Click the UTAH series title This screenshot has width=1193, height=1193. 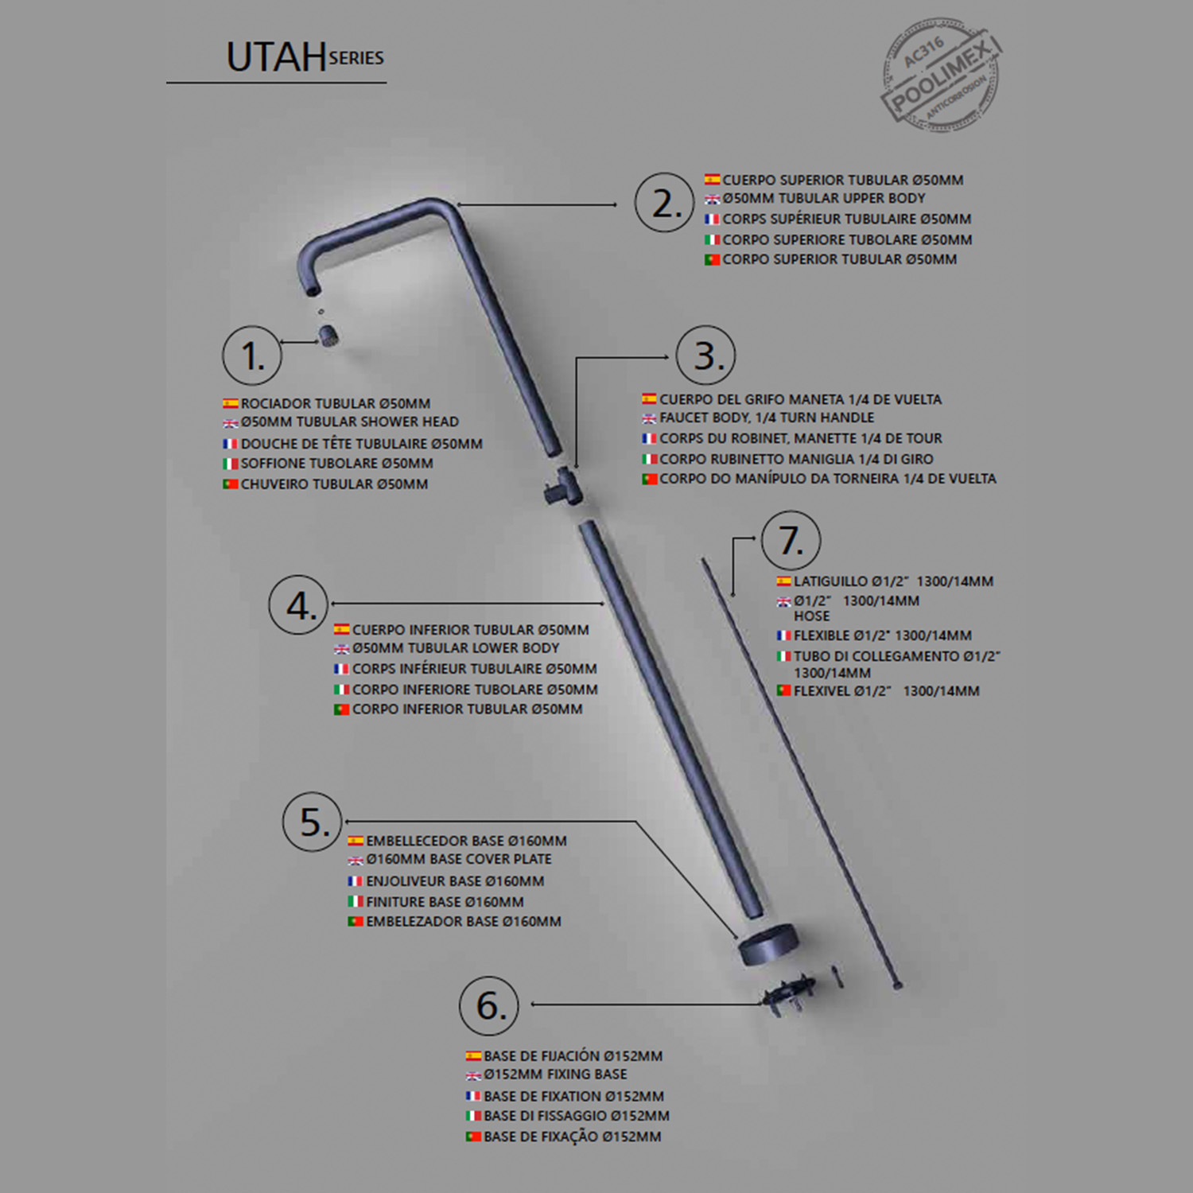pyautogui.click(x=305, y=56)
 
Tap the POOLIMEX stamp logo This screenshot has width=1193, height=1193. pyautogui.click(x=941, y=75)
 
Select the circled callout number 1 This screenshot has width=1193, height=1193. pyautogui.click(x=252, y=355)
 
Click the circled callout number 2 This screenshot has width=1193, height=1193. pyautogui.click(x=665, y=203)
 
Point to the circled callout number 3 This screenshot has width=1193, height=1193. pyautogui.click(x=706, y=355)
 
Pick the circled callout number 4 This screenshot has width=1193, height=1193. pyautogui.click(x=299, y=605)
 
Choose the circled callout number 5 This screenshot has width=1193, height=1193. pyautogui.click(x=313, y=822)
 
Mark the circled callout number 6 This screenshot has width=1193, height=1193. pyautogui.click(x=489, y=1006)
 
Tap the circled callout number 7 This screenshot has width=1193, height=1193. pyautogui.click(x=791, y=541)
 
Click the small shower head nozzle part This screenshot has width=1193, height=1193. pyautogui.click(x=329, y=335)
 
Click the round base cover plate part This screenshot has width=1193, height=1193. pyautogui.click(x=767, y=944)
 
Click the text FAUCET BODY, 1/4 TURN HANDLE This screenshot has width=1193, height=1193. pyautogui.click(x=766, y=418)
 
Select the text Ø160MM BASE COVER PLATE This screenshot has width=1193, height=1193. pyautogui.click(x=458, y=860)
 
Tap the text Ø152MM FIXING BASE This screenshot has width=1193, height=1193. pyautogui.click(x=555, y=1074)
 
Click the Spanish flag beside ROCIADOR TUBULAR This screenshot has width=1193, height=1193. pyautogui.click(x=231, y=404)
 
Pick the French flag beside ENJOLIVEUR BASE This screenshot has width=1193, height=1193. pyautogui.click(x=356, y=881)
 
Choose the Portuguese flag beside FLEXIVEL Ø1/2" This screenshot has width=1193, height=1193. pyautogui.click(x=783, y=691)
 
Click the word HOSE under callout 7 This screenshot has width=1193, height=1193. pyautogui.click(x=811, y=616)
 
